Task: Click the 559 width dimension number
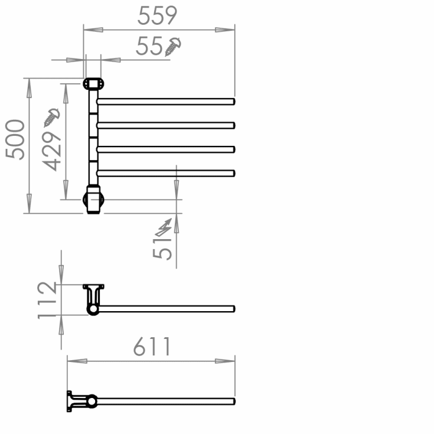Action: pos(157,15)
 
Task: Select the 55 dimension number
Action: pos(149,46)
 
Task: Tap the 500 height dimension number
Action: pos(15,139)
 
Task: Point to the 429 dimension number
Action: pos(51,151)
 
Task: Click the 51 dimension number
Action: pos(162,249)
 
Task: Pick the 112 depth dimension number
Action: pos(47,301)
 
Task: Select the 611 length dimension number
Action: pos(152,347)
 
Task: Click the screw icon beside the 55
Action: pos(173,47)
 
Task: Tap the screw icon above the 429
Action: pos(51,118)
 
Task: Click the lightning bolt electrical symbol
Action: pos(164,227)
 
